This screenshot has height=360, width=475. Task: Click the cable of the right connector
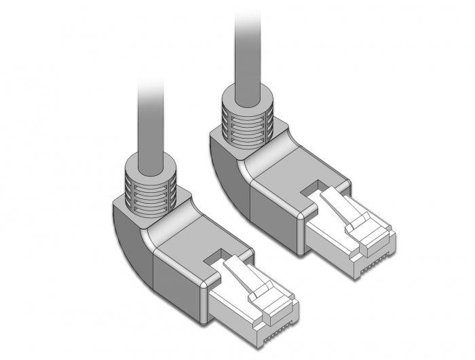(x=248, y=48)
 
